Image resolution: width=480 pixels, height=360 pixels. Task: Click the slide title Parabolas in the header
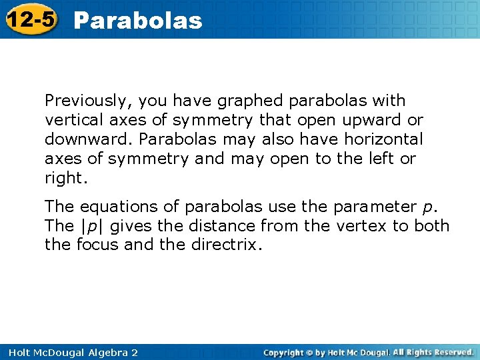(x=137, y=20)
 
